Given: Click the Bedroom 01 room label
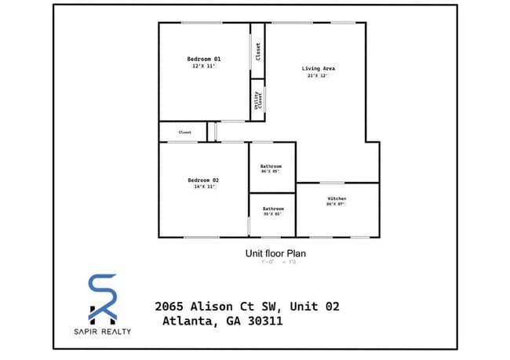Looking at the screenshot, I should [204, 59].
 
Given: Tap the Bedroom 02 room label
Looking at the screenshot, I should [204, 180].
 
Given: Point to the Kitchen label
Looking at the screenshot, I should [337, 198].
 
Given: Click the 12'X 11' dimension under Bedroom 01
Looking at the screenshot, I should [204, 67].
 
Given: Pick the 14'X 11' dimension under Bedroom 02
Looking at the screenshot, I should [204, 187].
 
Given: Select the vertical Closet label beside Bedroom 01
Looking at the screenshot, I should [258, 51].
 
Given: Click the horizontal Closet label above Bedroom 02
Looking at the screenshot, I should [185, 133].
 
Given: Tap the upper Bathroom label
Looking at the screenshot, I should [272, 166].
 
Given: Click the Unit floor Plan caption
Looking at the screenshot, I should [275, 253].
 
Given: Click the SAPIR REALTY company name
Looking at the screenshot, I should [103, 331].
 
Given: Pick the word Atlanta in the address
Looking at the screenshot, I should [189, 321].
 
